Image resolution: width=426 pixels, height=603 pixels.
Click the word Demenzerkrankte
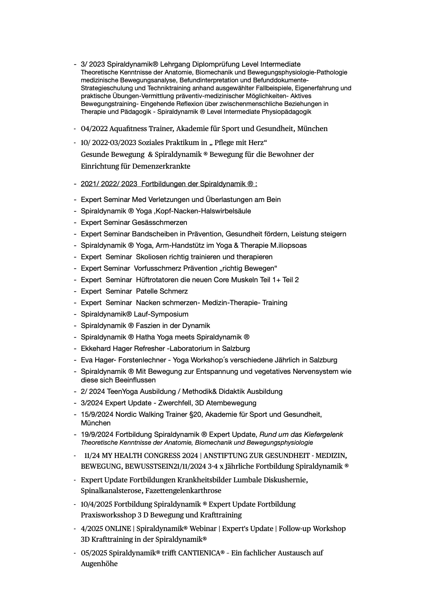tap(161, 166)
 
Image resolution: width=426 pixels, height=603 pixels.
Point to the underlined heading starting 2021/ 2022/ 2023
tap(169, 184)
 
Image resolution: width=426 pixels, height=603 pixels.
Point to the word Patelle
tap(147, 291)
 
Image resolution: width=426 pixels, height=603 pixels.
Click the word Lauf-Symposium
tap(161, 314)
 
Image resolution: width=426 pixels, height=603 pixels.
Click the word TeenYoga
tap(122, 392)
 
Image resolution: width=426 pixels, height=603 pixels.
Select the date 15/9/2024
tap(97, 415)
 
